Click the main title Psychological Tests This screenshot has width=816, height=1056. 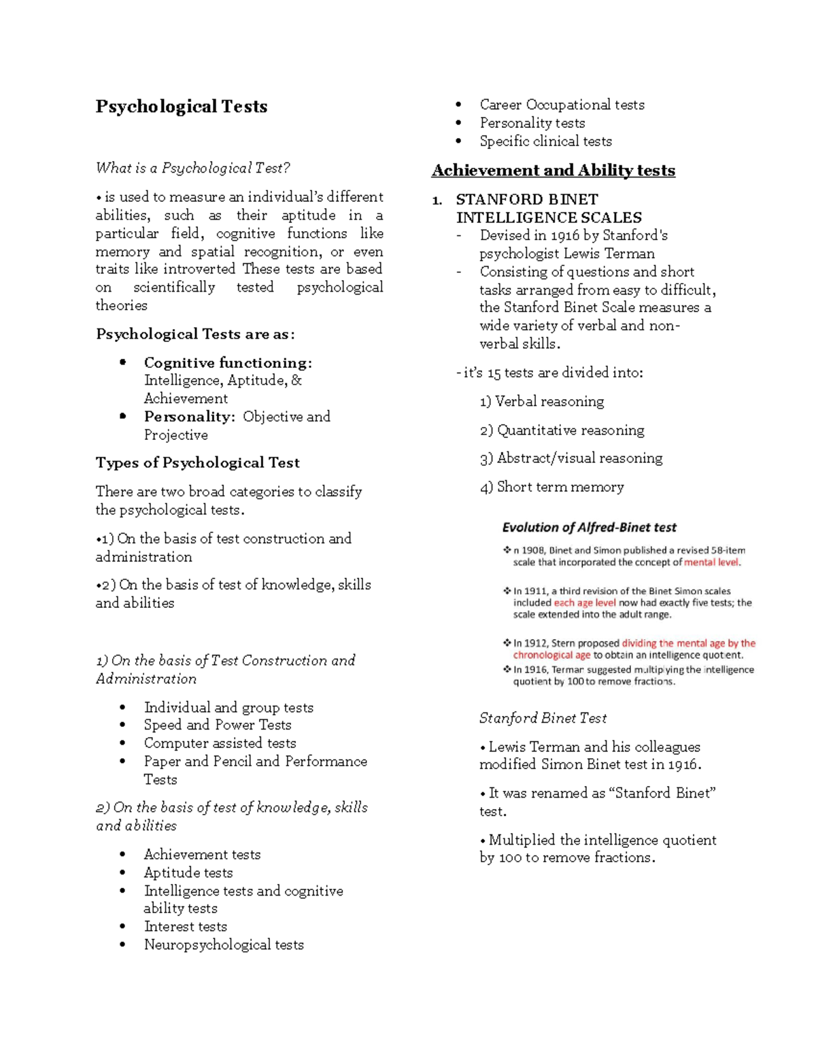[182, 107]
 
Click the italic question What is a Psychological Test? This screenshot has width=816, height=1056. [193, 168]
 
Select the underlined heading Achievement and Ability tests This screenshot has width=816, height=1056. [554, 171]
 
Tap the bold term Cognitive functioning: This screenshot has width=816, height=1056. [228, 362]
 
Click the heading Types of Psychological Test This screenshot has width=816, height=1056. [197, 463]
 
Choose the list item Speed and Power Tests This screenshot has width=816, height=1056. [218, 725]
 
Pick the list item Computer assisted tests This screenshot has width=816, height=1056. [220, 743]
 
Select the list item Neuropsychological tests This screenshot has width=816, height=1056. [224, 944]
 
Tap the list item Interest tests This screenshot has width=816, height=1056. [186, 926]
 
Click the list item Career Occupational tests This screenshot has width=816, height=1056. [562, 105]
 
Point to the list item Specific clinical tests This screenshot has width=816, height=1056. [545, 141]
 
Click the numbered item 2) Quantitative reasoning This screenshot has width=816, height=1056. [562, 430]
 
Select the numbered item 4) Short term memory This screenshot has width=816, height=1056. [551, 487]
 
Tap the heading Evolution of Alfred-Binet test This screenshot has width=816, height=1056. [589, 528]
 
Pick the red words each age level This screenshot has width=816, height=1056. [585, 602]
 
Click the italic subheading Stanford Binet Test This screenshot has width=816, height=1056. [543, 718]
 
